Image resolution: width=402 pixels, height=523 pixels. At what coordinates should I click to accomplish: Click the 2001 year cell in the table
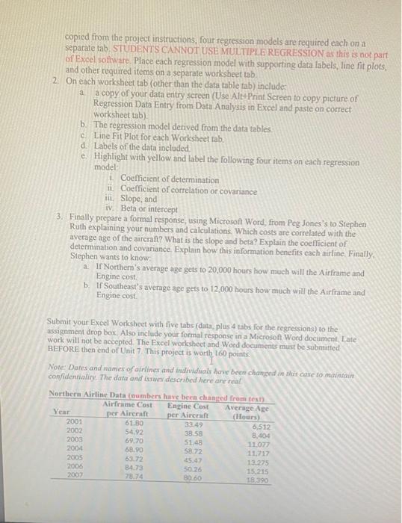(x=75, y=422)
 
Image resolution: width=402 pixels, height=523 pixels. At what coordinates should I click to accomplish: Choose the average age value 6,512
(x=252, y=424)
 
